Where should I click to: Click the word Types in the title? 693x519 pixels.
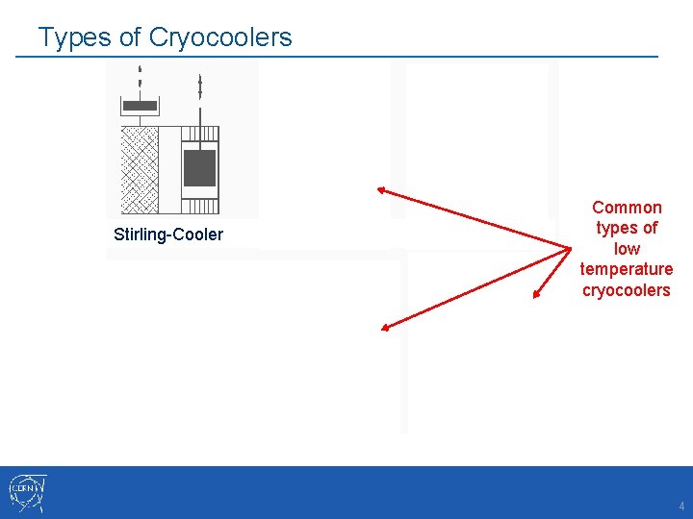point(70,37)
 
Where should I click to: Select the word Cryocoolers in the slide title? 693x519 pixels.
point(220,37)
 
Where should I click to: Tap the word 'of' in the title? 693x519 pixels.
point(129,37)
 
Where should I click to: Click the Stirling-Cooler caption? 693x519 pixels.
point(167,235)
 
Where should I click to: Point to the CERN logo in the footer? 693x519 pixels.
point(27,492)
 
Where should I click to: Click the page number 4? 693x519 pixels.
point(680,506)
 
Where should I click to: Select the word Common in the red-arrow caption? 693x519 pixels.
point(627,208)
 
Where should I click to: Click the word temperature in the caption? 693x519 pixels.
point(627,269)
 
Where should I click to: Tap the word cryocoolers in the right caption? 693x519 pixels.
point(627,290)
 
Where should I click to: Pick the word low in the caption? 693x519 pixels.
point(627,249)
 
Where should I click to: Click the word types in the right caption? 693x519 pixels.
point(627,228)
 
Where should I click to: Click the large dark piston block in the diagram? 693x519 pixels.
point(199,168)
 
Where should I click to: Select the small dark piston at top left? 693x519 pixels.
point(141,105)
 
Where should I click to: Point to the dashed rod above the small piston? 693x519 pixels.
point(141,81)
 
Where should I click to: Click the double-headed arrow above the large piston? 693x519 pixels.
point(199,86)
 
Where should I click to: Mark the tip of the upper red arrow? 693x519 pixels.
point(381,188)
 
